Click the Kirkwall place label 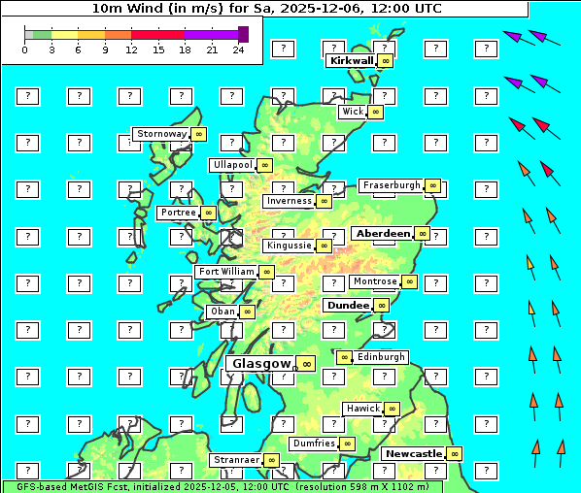pyautogui.click(x=352, y=60)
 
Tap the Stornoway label pyautogui.click(x=161, y=134)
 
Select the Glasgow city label pyautogui.click(x=261, y=363)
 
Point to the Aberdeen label pyautogui.click(x=383, y=234)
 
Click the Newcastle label pyautogui.click(x=413, y=453)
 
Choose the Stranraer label pyautogui.click(x=236, y=460)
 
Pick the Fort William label pyautogui.click(x=226, y=272)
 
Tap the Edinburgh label pyautogui.click(x=381, y=357)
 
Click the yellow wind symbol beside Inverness pyautogui.click(x=324, y=201)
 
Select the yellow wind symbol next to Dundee pyautogui.click(x=381, y=305)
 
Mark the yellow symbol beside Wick pyautogui.click(x=375, y=112)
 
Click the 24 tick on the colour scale pyautogui.click(x=238, y=49)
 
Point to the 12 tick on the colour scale pyautogui.click(x=131, y=49)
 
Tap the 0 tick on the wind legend pyautogui.click(x=24, y=49)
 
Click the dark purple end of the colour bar pyautogui.click(x=243, y=34)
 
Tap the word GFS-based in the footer pyautogui.click(x=43, y=486)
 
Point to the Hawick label pyautogui.click(x=363, y=409)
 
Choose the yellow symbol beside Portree pyautogui.click(x=208, y=213)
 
